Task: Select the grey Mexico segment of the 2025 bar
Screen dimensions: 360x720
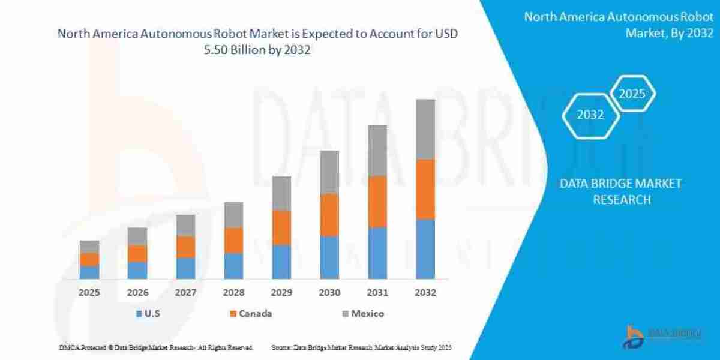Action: point(89,247)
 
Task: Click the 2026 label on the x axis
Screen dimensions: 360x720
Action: point(137,293)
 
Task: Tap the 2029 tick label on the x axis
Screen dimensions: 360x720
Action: point(281,293)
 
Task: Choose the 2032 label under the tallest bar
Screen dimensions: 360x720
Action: point(425,293)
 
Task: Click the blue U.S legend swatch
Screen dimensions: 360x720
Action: point(139,313)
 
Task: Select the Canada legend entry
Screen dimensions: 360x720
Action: point(256,313)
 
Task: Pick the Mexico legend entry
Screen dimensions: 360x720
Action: point(367,313)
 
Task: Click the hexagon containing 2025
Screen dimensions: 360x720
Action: point(632,94)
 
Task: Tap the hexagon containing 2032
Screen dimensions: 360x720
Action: point(590,115)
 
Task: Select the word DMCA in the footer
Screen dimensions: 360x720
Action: point(70,348)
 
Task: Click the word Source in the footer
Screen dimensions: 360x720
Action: point(281,348)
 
